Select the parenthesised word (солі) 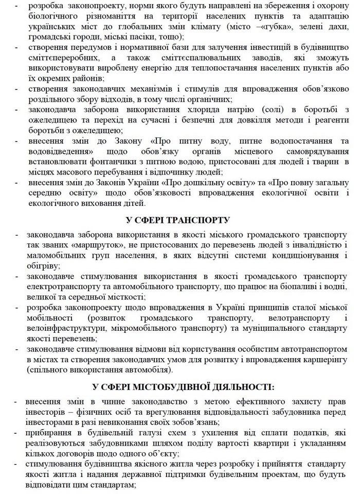276,110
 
